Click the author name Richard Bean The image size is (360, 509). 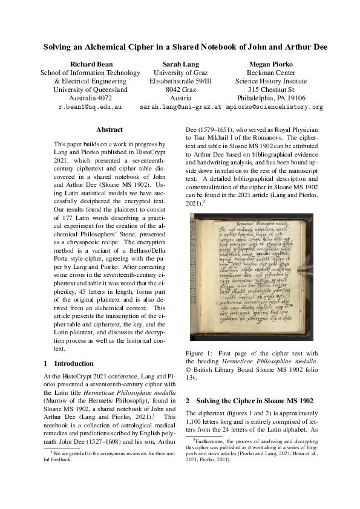click(x=90, y=63)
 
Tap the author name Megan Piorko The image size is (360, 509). click(x=271, y=63)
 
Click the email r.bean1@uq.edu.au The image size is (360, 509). click(x=90, y=107)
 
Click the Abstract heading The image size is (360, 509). click(x=110, y=129)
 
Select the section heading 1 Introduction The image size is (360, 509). click(x=69, y=364)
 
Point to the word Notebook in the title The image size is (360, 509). click(x=220, y=47)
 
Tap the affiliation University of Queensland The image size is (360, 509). click(x=90, y=89)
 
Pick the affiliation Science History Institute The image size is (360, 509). click(x=271, y=81)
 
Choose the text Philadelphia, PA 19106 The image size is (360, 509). click(x=271, y=98)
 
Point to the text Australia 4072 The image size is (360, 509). click(x=90, y=98)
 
